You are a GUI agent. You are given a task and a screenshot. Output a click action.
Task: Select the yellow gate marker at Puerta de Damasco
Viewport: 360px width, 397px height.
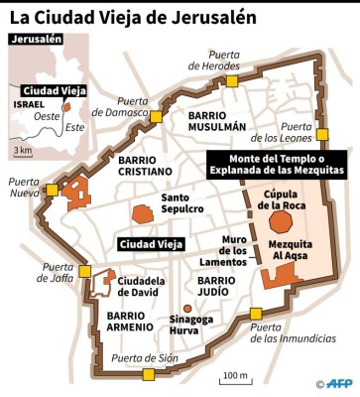156,117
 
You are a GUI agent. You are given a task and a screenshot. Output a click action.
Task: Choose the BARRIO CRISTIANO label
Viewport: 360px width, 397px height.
151,165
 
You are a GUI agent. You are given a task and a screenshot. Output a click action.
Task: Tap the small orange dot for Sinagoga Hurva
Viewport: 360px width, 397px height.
186,309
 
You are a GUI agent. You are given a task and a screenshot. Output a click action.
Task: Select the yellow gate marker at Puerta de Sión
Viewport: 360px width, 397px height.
149,374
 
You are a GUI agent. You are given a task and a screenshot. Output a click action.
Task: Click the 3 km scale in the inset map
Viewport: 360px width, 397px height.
22,149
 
